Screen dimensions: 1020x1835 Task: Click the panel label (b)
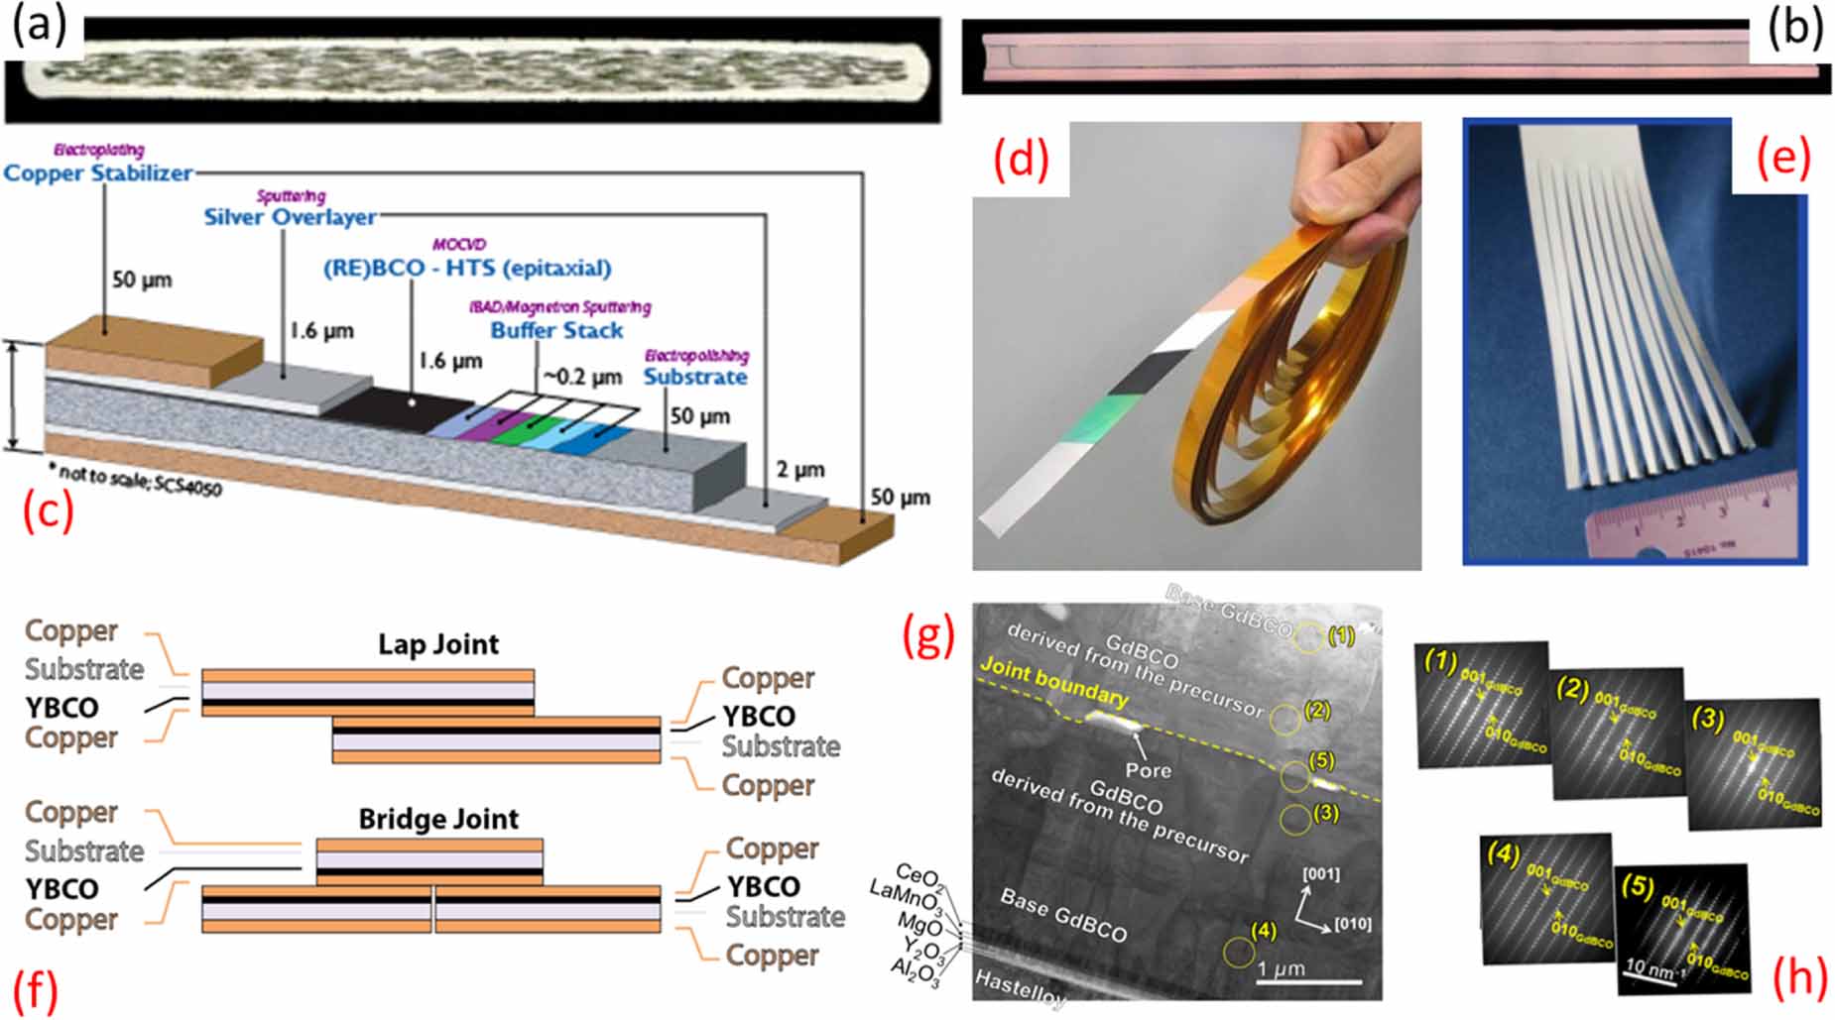[x=1795, y=30]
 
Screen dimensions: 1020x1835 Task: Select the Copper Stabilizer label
[x=98, y=173]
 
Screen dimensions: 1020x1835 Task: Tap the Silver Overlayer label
[x=290, y=217]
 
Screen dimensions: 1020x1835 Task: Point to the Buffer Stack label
[x=556, y=330]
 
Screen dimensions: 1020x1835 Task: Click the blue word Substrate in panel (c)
[x=695, y=377]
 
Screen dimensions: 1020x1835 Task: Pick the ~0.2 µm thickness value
[x=581, y=377]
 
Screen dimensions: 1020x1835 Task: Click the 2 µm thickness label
[x=799, y=469]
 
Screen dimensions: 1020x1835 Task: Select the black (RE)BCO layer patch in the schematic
[x=402, y=406]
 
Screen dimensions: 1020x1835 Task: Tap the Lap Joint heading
[x=438, y=644]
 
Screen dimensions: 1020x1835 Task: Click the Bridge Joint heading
[x=438, y=819]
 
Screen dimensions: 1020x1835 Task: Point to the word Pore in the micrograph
[x=1148, y=770]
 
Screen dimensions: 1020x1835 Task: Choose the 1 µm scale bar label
[x=1283, y=968]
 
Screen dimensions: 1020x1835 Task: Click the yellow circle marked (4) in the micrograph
[x=1238, y=953]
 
